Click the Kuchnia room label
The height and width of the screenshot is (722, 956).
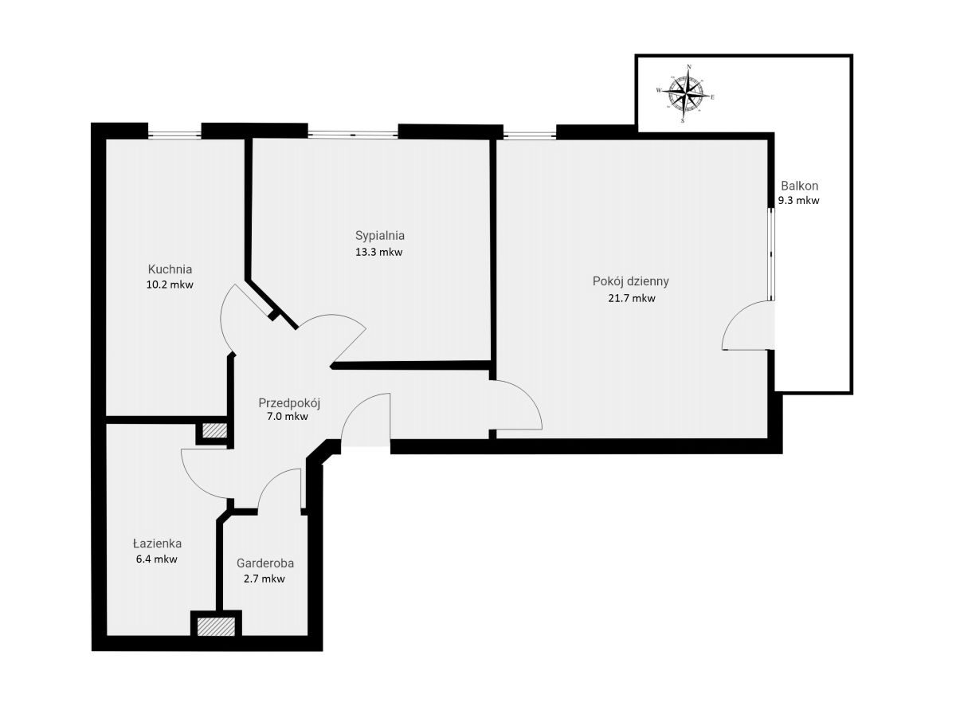click(x=170, y=269)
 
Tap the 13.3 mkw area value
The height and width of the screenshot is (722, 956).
click(x=378, y=252)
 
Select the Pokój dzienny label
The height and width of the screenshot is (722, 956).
click(x=630, y=282)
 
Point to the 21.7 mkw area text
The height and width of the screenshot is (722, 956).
click(x=631, y=298)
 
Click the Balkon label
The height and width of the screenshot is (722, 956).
click(x=799, y=186)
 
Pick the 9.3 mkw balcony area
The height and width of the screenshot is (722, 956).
click(x=798, y=200)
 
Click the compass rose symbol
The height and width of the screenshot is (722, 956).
click(x=686, y=93)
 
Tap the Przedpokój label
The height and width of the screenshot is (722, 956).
click(x=289, y=403)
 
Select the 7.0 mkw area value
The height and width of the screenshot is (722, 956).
click(x=287, y=416)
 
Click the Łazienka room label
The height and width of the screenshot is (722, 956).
click(x=157, y=543)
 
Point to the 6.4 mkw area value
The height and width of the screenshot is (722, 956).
click(x=156, y=559)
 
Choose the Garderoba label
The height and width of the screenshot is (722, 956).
click(x=264, y=563)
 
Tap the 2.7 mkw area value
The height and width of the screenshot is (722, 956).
click(x=264, y=579)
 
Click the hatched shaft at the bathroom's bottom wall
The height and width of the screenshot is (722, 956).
click(x=216, y=626)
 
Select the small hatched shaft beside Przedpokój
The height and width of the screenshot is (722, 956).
click(x=214, y=430)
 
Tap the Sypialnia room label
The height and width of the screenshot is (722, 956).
click(x=380, y=236)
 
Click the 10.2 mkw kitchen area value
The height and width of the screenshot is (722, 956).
click(x=170, y=284)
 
